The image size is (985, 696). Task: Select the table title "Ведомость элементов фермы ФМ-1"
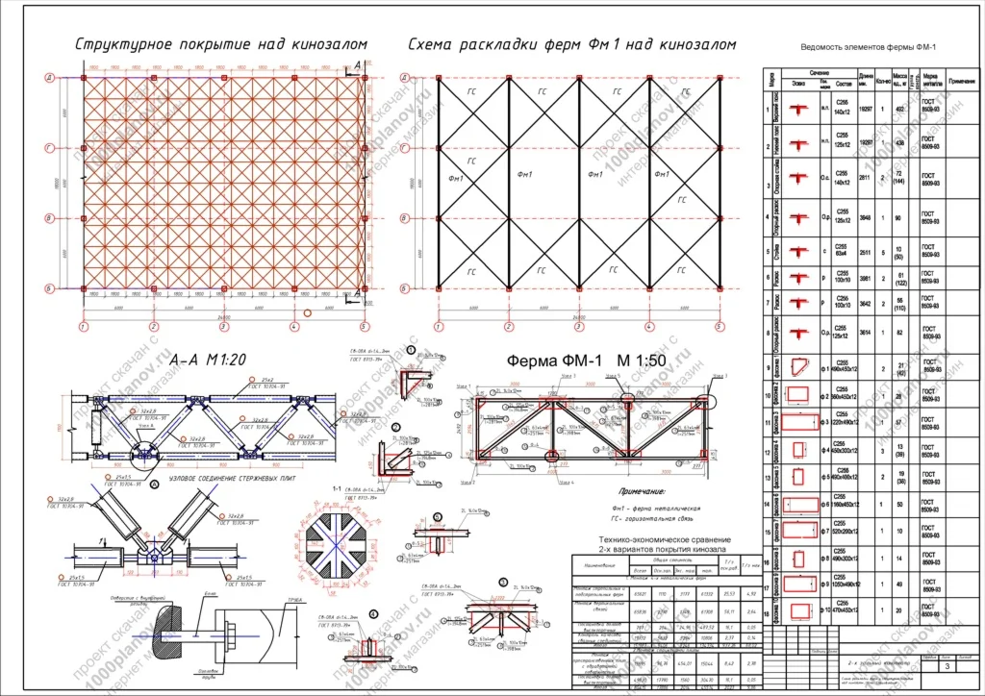868,49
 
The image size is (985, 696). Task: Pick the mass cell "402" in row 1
900,110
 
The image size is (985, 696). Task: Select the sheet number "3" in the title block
949,666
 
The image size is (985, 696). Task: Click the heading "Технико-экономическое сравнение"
665,540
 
